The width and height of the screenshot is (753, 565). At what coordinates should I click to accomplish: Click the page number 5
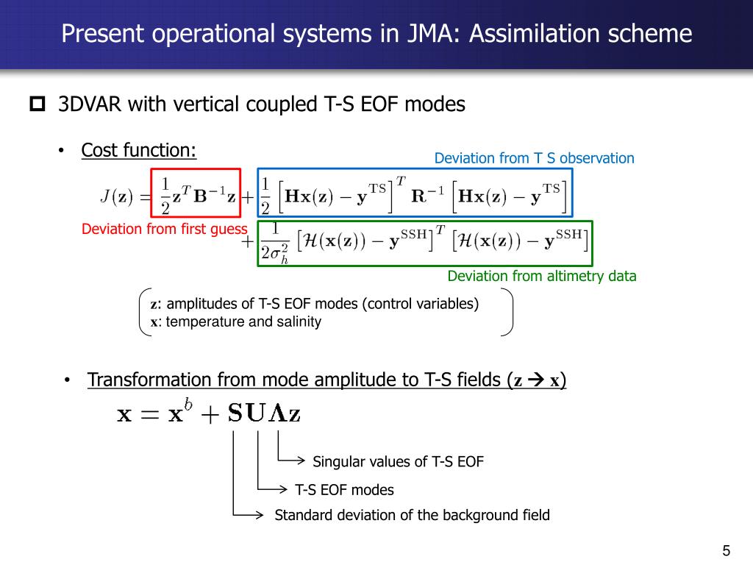click(x=727, y=551)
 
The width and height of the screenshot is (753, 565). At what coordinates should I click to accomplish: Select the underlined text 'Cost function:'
click(x=139, y=151)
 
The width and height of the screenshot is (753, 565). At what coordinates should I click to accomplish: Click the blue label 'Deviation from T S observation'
click(x=534, y=158)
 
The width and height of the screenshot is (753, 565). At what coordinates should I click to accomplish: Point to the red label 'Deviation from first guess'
click(x=164, y=230)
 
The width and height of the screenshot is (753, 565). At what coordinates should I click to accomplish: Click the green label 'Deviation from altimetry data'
click(x=542, y=277)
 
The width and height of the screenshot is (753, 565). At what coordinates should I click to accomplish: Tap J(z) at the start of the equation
click(x=115, y=196)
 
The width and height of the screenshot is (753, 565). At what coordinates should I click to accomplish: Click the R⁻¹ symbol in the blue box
click(x=428, y=196)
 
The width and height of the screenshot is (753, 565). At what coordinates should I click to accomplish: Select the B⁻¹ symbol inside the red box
click(x=209, y=196)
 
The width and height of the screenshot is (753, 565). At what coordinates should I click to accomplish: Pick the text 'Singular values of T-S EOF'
click(x=398, y=462)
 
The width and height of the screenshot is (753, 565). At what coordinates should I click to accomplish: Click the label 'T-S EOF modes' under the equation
click(x=344, y=490)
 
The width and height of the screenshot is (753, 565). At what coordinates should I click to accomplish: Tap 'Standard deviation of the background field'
click(x=412, y=515)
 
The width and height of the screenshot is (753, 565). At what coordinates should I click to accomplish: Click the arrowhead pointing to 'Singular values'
click(x=301, y=461)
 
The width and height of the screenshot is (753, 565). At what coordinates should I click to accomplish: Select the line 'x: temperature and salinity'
click(x=236, y=322)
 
